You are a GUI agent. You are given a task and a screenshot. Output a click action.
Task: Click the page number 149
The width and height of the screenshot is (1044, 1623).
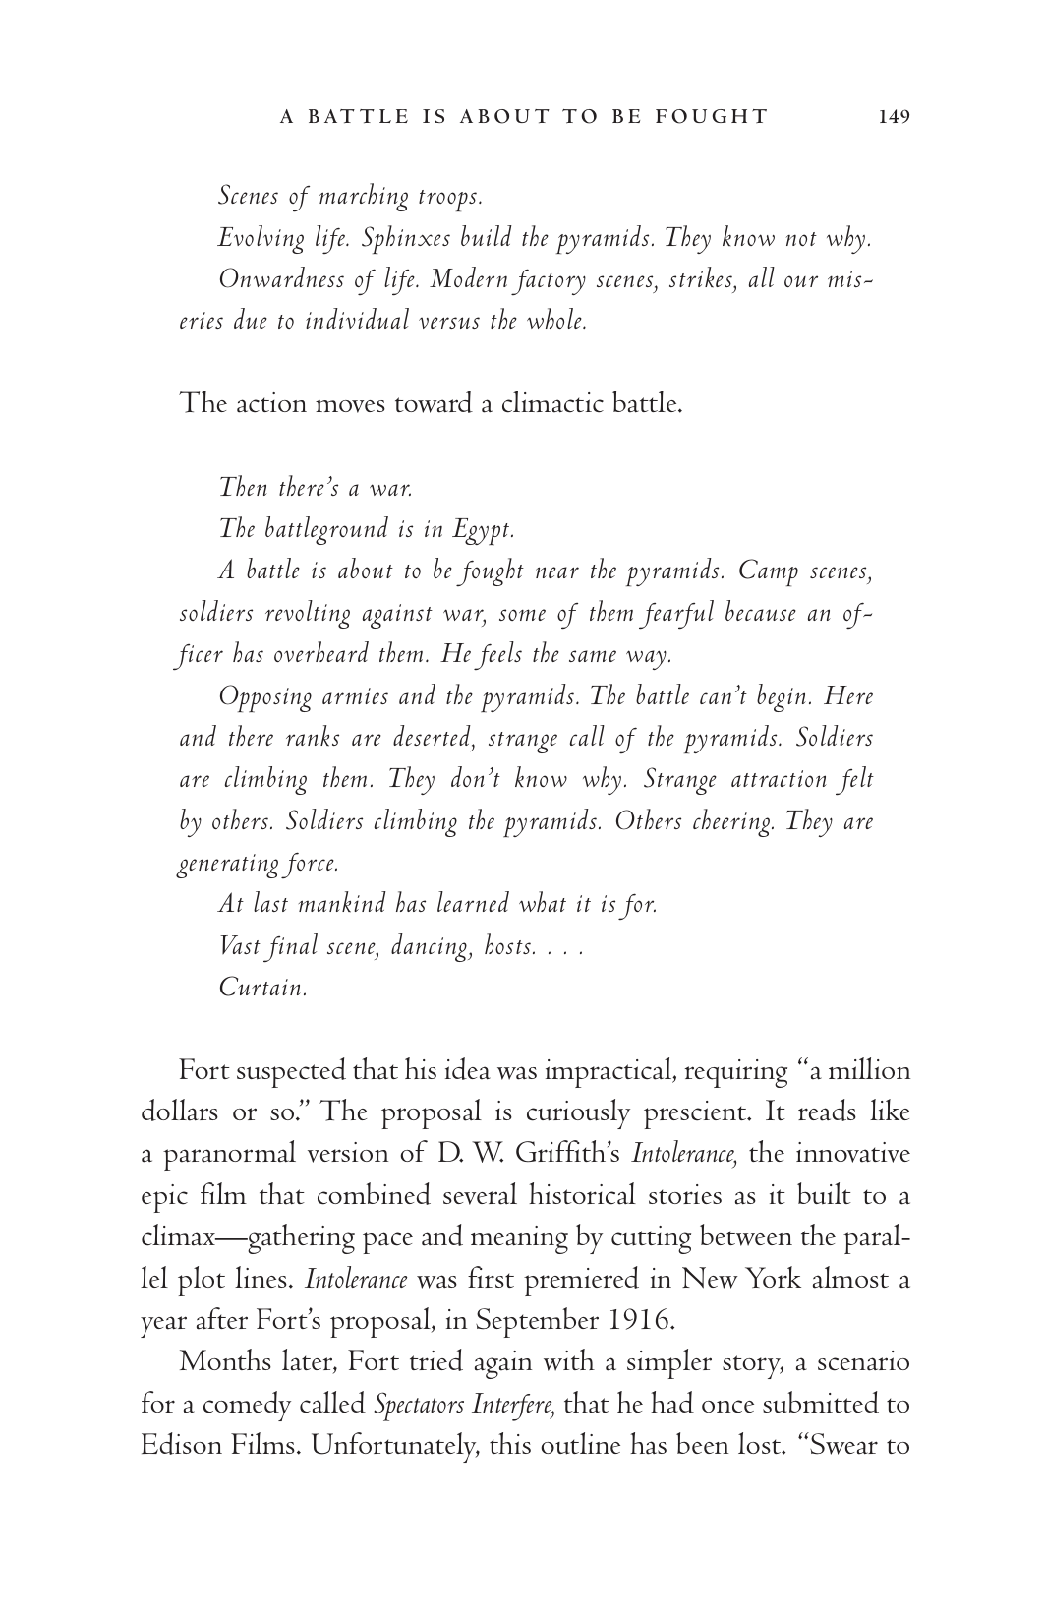point(895,117)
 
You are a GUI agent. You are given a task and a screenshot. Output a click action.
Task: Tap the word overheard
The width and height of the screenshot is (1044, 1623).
point(320,654)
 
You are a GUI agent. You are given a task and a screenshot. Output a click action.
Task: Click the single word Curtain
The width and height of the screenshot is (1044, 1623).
point(262,988)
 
